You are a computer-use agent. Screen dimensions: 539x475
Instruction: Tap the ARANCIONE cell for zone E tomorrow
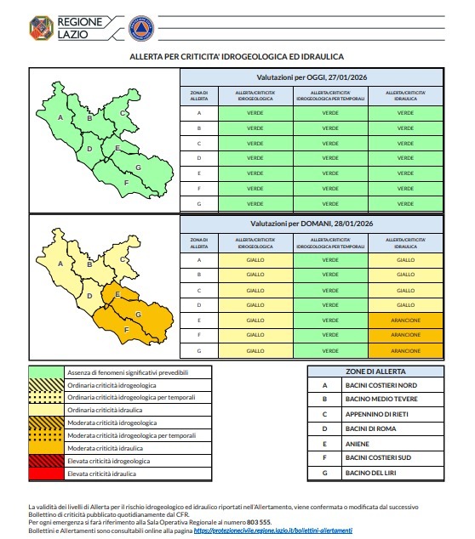(405, 320)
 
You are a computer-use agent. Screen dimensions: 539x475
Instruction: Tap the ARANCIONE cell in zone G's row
(405, 349)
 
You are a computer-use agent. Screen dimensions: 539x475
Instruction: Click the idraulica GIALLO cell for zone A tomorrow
(405, 260)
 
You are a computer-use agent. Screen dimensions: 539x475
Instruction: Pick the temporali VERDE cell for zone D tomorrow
(330, 304)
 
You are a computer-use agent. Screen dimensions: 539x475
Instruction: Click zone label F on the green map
(126, 183)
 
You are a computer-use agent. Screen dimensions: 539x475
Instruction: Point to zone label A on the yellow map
(60, 264)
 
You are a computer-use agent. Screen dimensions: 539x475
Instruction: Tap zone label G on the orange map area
(137, 315)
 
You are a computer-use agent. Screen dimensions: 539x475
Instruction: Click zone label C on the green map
(123, 113)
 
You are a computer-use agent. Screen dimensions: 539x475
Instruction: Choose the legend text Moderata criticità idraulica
(108, 446)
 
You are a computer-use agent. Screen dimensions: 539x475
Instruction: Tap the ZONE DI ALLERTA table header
(375, 372)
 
